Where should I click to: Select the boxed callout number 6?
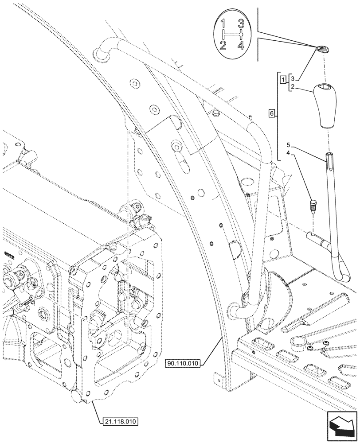pyautogui.click(x=271, y=115)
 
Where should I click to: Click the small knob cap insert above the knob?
pyautogui.click(x=323, y=50)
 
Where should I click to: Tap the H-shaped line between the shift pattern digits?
pyautogui.click(x=233, y=35)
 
